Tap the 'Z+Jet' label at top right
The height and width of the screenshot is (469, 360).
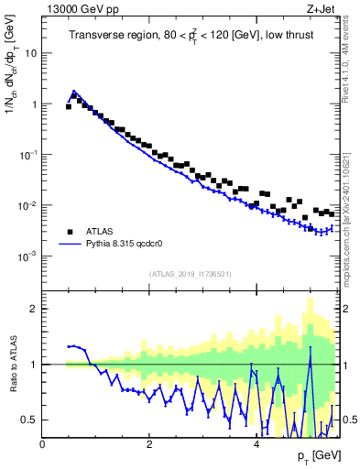pyautogui.click(x=321, y=9)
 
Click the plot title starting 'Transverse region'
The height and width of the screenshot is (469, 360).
pyautogui.click(x=190, y=37)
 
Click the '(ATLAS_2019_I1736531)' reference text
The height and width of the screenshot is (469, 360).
pyautogui.click(x=190, y=274)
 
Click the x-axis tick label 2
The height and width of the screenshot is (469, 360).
pyautogui.click(x=149, y=444)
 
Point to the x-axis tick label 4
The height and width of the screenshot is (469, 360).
pyautogui.click(x=256, y=444)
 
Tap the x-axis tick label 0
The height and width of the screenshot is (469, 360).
pyautogui.click(x=43, y=444)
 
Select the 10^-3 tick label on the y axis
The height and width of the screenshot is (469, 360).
pyautogui.click(x=27, y=256)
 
